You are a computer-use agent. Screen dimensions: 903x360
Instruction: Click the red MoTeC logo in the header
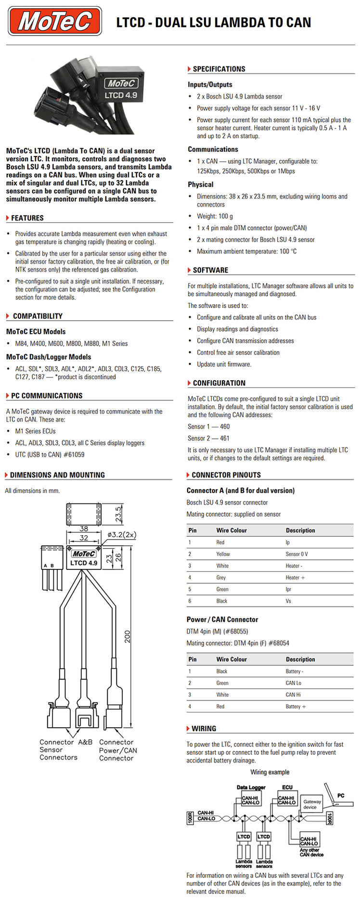tap(55, 21)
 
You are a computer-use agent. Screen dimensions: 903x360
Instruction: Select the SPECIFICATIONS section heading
tap(219, 69)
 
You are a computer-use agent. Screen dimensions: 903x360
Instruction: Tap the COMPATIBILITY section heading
tap(38, 316)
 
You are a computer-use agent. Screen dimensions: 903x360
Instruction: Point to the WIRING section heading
tap(204, 728)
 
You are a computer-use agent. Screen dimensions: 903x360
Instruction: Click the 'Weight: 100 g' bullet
tap(215, 216)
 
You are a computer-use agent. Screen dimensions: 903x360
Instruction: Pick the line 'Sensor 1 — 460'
tap(208, 426)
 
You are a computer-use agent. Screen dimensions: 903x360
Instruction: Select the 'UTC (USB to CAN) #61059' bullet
tap(50, 454)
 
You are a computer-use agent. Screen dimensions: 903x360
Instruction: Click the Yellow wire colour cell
tap(223, 554)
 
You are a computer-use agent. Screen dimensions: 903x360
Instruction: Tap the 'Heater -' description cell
tap(294, 566)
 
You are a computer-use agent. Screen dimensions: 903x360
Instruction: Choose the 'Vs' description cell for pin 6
tap(288, 601)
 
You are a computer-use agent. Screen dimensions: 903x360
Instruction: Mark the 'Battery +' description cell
tap(296, 706)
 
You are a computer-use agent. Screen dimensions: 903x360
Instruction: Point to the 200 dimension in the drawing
tap(128, 636)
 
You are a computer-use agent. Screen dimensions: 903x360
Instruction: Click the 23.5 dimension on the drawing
tap(118, 514)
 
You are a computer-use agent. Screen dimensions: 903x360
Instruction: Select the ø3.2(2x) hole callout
tap(121, 534)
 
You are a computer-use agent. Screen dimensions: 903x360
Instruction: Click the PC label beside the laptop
tap(340, 795)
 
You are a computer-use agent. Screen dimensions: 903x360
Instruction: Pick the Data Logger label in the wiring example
tap(251, 787)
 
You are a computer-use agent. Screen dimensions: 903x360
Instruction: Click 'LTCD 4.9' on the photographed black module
tap(121, 95)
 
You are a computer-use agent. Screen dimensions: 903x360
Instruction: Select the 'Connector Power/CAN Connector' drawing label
tap(117, 750)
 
